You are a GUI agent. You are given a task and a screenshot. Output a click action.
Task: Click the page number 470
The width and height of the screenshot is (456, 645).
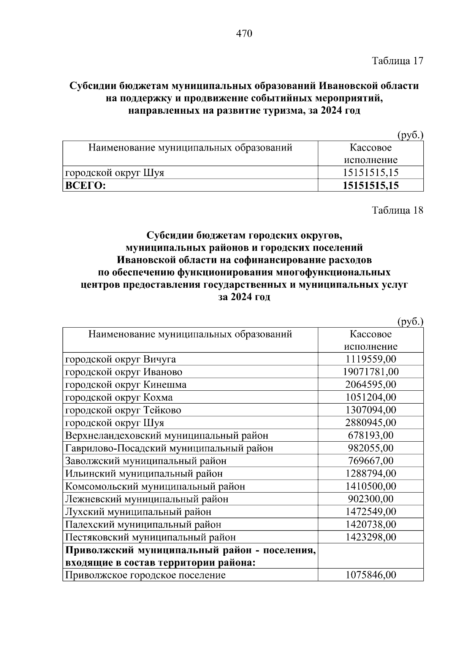coord(244,34)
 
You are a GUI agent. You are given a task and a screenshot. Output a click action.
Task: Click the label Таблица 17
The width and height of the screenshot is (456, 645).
coord(397,61)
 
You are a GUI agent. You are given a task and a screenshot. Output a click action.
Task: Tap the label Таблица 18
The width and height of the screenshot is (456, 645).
coord(397,210)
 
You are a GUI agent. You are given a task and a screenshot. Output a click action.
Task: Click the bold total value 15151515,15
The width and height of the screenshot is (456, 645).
coord(370,185)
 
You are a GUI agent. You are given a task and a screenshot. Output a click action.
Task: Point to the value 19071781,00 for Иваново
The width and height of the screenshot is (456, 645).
coord(370,372)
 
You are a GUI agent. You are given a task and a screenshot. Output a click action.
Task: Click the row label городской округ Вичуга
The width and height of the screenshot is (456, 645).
coord(120,359)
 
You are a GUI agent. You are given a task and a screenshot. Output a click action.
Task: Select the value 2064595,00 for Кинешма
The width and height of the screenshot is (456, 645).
coord(370,385)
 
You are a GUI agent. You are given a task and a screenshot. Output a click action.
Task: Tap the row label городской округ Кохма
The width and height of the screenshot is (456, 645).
coord(119,398)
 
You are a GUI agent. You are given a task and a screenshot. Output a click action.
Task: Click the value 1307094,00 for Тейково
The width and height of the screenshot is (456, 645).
coord(370,410)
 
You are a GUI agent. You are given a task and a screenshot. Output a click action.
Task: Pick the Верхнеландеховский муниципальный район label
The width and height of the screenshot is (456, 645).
coord(167,436)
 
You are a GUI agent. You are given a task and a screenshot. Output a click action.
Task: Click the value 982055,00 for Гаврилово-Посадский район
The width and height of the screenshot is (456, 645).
coord(370,448)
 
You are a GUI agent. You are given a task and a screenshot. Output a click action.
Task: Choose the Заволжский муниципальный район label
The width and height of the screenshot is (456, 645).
coord(146,461)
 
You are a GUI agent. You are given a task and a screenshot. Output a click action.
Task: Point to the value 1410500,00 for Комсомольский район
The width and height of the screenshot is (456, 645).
coord(370,486)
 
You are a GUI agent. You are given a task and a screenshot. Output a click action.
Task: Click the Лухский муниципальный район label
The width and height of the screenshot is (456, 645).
coord(138,512)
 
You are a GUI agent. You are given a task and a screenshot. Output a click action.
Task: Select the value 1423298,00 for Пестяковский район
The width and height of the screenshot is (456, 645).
coord(370,537)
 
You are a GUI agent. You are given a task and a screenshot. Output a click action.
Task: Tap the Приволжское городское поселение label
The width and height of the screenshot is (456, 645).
coord(146,575)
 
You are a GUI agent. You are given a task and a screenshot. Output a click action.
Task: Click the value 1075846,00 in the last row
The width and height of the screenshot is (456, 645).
coord(370,575)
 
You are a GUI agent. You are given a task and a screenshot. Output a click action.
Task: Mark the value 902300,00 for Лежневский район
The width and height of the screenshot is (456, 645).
coord(370,499)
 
